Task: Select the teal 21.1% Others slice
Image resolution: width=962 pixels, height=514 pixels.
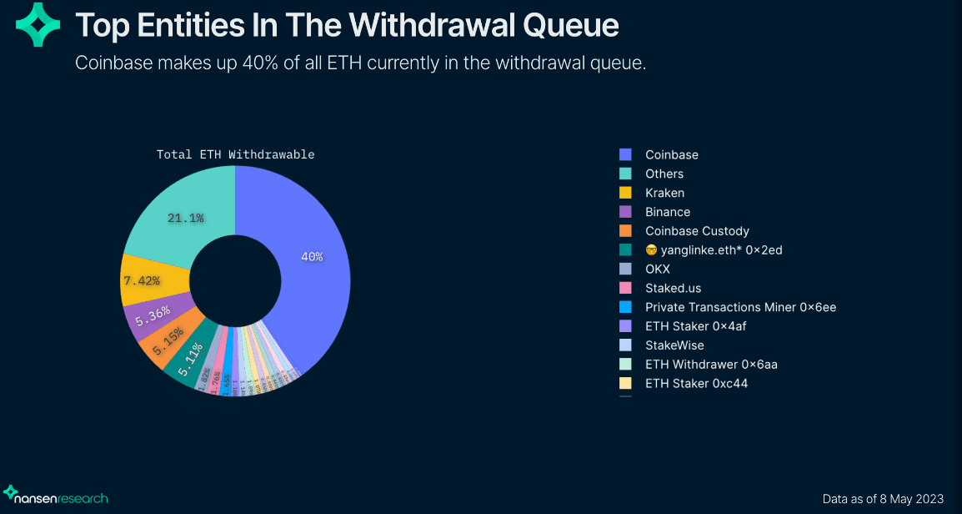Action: click(x=185, y=219)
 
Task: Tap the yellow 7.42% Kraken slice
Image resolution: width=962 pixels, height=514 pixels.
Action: click(x=142, y=280)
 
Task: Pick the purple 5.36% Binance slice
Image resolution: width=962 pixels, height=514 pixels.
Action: click(x=153, y=314)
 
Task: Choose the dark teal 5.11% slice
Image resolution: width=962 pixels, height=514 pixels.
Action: click(x=191, y=361)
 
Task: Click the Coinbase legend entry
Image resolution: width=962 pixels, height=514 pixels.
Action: click(x=671, y=154)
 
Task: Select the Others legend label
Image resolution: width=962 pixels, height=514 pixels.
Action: click(x=664, y=174)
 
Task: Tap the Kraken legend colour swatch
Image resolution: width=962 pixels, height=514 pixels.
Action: click(x=625, y=193)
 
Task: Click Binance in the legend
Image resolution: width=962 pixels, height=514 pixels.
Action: click(x=667, y=212)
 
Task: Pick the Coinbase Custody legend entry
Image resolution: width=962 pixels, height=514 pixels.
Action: click(x=697, y=231)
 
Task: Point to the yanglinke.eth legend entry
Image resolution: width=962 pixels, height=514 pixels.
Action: click(x=713, y=250)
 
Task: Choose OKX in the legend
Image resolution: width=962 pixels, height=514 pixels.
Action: click(x=657, y=270)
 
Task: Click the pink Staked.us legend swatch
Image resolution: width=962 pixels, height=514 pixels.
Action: click(x=625, y=289)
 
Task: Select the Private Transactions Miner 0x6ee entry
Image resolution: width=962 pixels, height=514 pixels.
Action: click(x=740, y=307)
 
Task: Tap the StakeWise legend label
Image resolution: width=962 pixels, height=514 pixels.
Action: click(x=674, y=345)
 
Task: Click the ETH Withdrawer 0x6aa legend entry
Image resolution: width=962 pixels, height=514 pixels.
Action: click(x=711, y=365)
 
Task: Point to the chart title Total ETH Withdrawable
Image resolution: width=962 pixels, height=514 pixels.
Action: click(x=235, y=154)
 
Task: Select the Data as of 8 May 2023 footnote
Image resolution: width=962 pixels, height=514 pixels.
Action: click(x=883, y=499)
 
